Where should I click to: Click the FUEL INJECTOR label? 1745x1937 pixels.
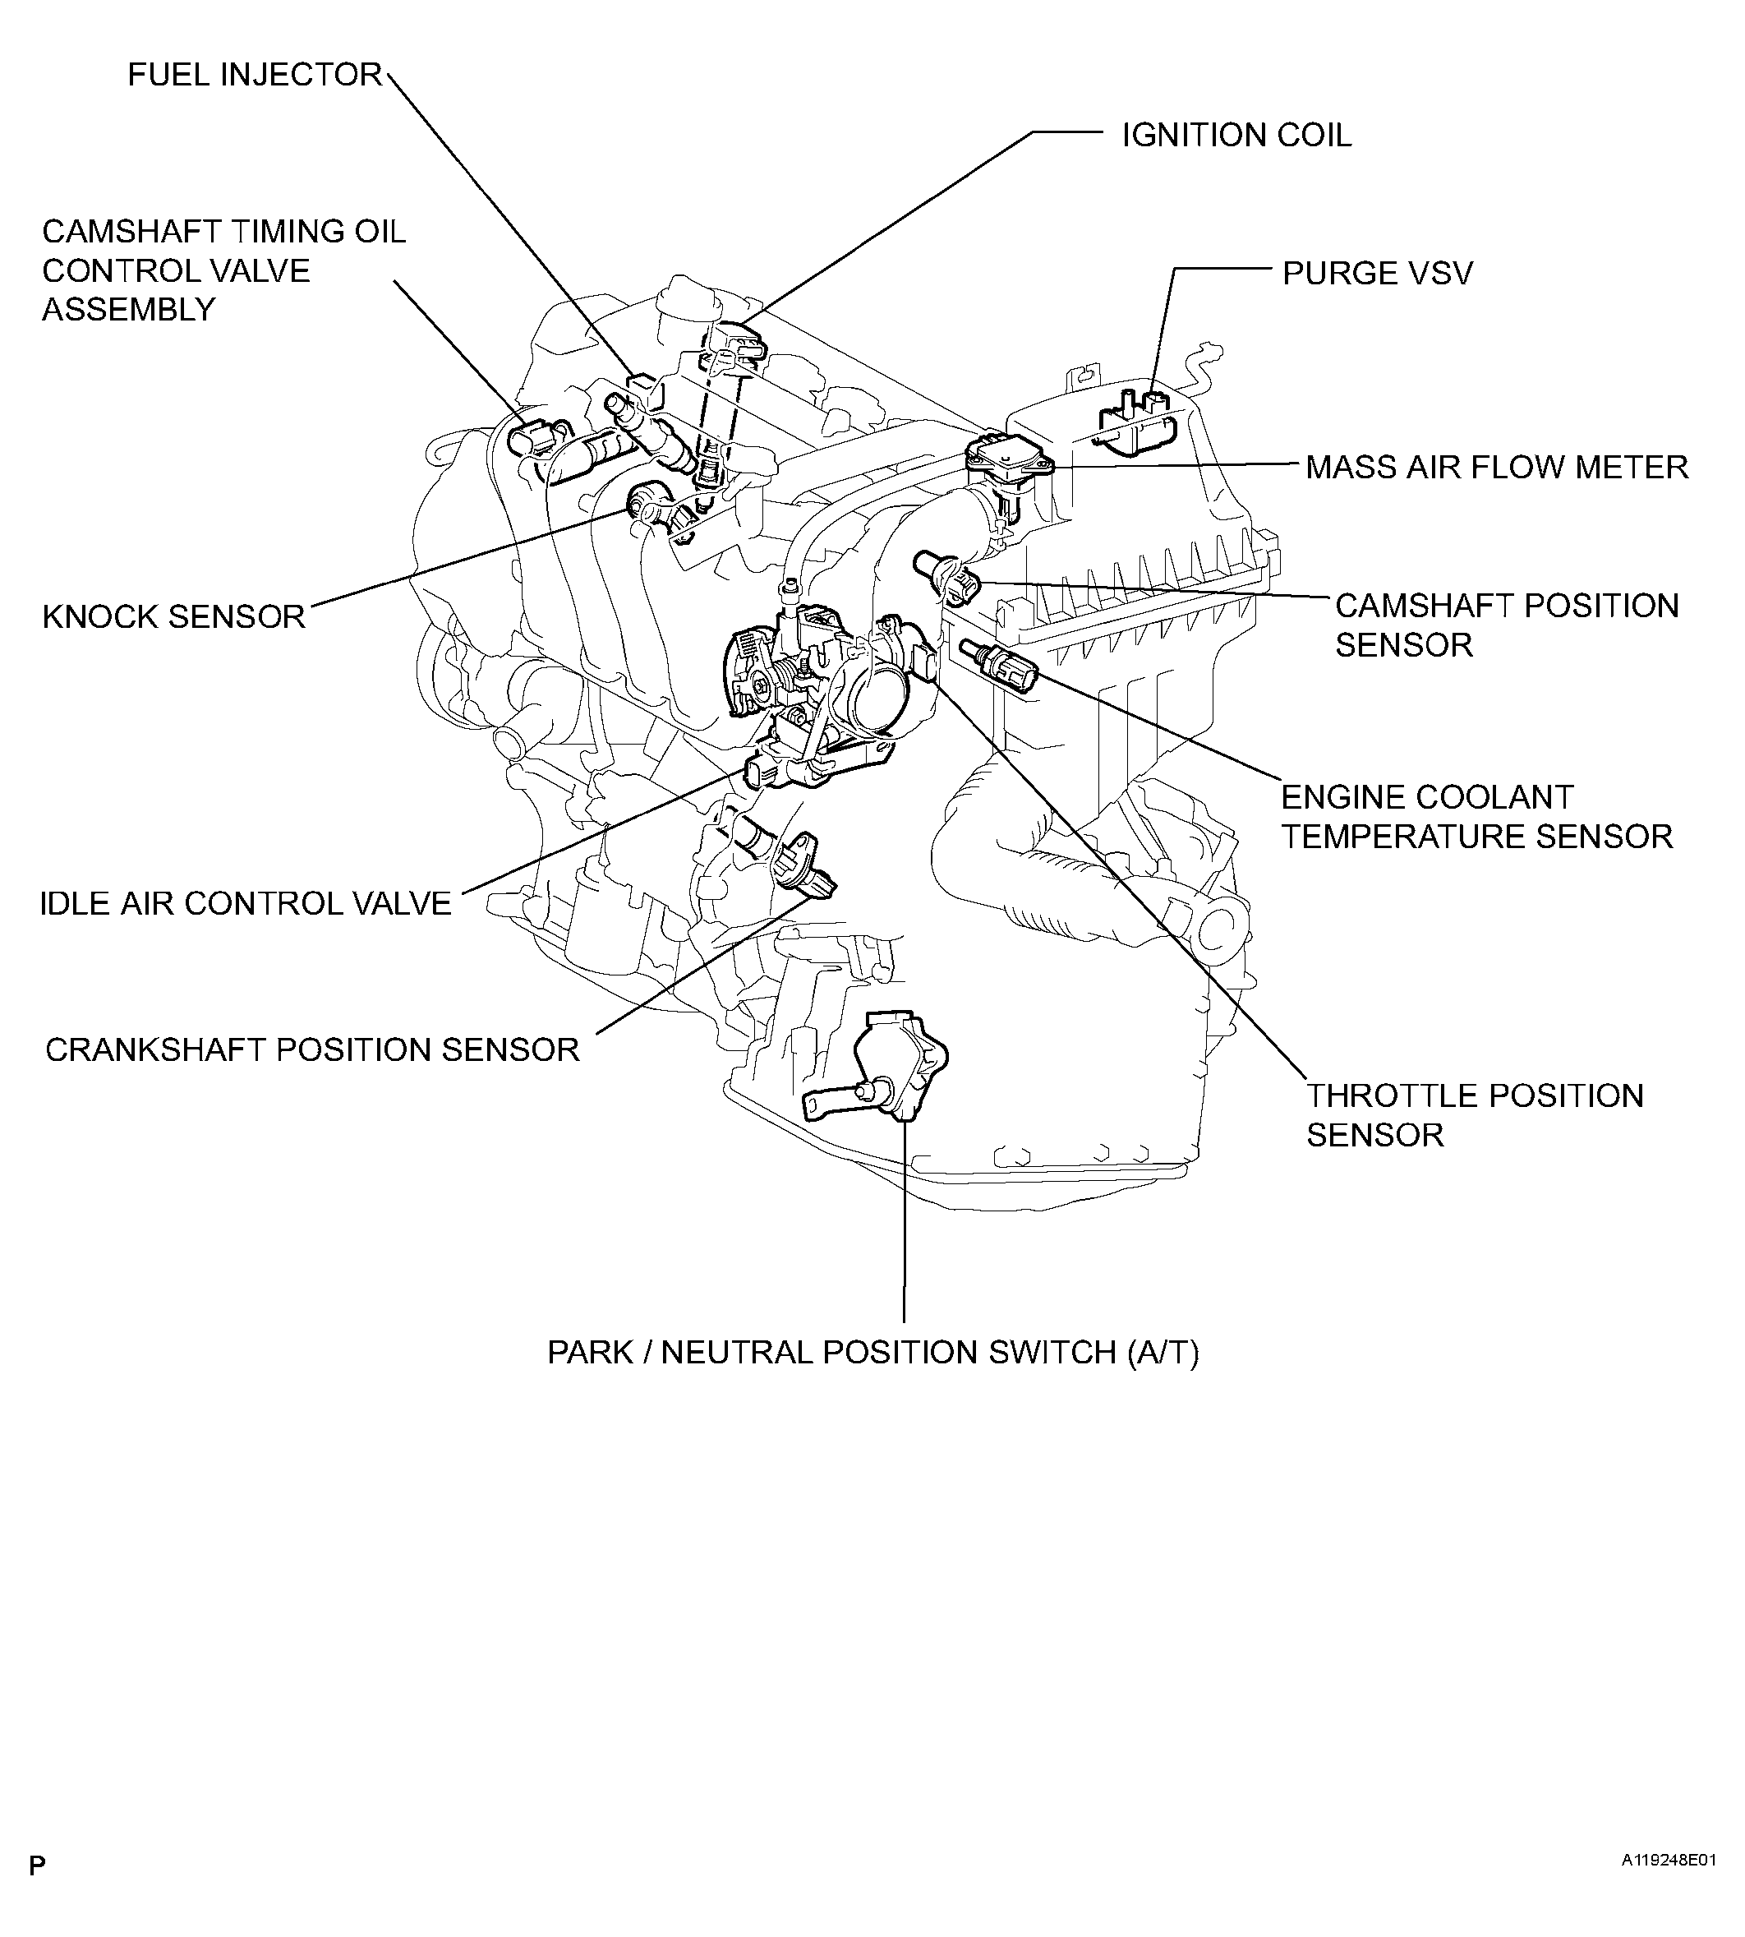click(255, 75)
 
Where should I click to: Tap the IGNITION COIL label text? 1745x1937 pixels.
click(1236, 136)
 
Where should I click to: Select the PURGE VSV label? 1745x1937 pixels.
click(1377, 274)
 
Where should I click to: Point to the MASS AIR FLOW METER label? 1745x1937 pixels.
click(1497, 468)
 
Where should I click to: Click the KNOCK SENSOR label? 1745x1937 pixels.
click(173, 616)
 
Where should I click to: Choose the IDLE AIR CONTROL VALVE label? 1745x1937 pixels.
click(246, 903)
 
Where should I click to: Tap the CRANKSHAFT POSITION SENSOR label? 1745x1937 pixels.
click(312, 1050)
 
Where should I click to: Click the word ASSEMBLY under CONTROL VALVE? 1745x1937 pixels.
click(128, 310)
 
